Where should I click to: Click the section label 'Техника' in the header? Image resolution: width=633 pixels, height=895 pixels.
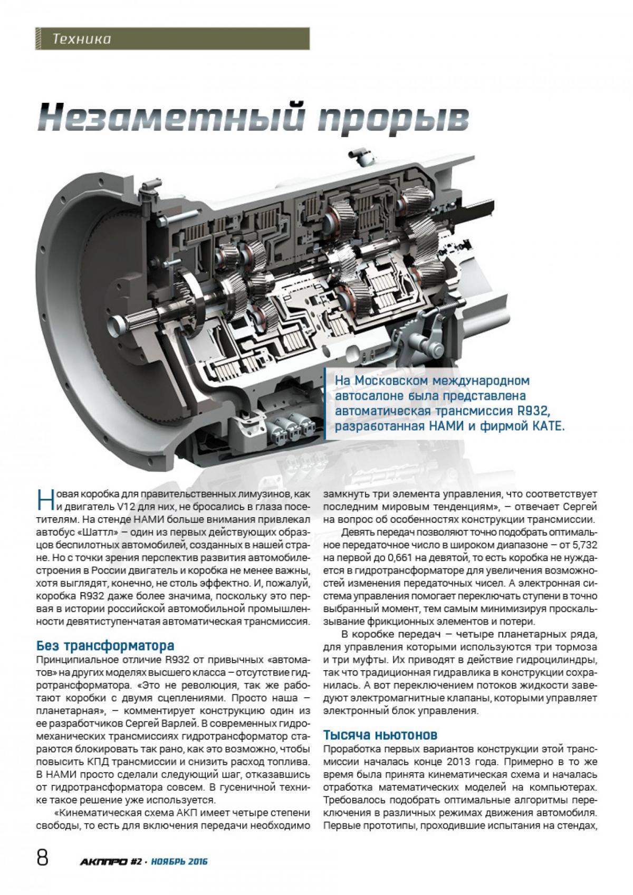click(x=82, y=39)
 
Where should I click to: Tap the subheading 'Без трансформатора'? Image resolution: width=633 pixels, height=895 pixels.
click(x=105, y=645)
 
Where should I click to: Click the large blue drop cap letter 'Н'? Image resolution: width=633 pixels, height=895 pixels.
click(x=46, y=500)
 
